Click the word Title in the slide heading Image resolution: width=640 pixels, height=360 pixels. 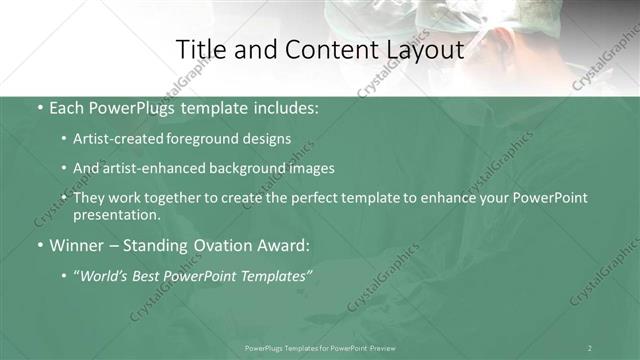[200, 49]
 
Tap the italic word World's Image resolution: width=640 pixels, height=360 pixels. [105, 277]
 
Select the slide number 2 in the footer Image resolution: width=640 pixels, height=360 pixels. [590, 347]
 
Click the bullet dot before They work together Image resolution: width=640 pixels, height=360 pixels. [64, 198]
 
